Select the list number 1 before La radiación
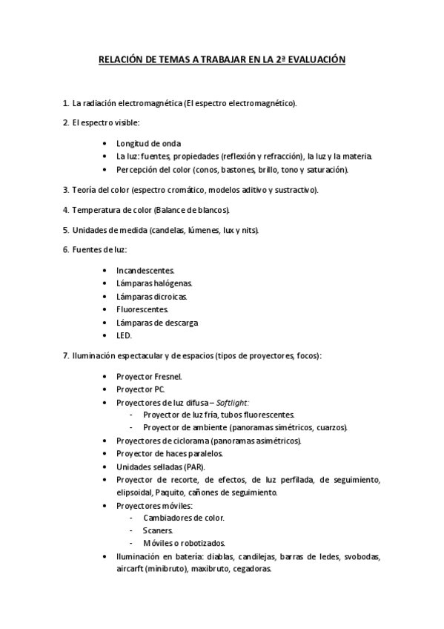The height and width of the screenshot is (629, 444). coord(66,102)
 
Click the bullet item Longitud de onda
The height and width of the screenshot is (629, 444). coord(148,143)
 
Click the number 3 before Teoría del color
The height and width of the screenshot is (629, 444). coord(66,190)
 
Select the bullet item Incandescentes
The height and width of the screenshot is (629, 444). coord(145,271)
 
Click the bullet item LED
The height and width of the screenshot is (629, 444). coord(124,335)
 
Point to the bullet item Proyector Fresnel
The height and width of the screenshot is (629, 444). coord(149,376)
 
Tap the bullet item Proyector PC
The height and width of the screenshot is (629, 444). coord(141,389)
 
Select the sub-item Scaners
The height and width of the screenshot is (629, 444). coord(158,530)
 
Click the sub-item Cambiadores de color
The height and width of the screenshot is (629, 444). coord(183,518)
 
